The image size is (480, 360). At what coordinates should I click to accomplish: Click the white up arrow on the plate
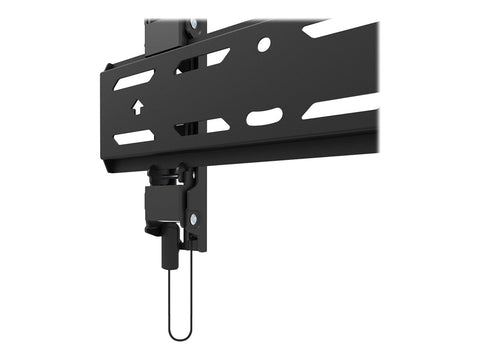pos(135,104)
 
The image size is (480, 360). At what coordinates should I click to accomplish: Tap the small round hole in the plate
pos(263,45)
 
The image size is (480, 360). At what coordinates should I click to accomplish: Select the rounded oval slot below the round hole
pos(264,117)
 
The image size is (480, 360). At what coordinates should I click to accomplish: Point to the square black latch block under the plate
pos(165,205)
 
